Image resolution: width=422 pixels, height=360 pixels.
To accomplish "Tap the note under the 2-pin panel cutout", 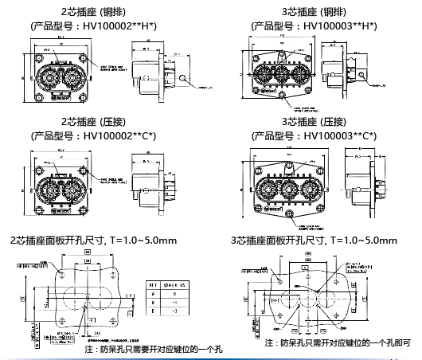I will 153,349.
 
